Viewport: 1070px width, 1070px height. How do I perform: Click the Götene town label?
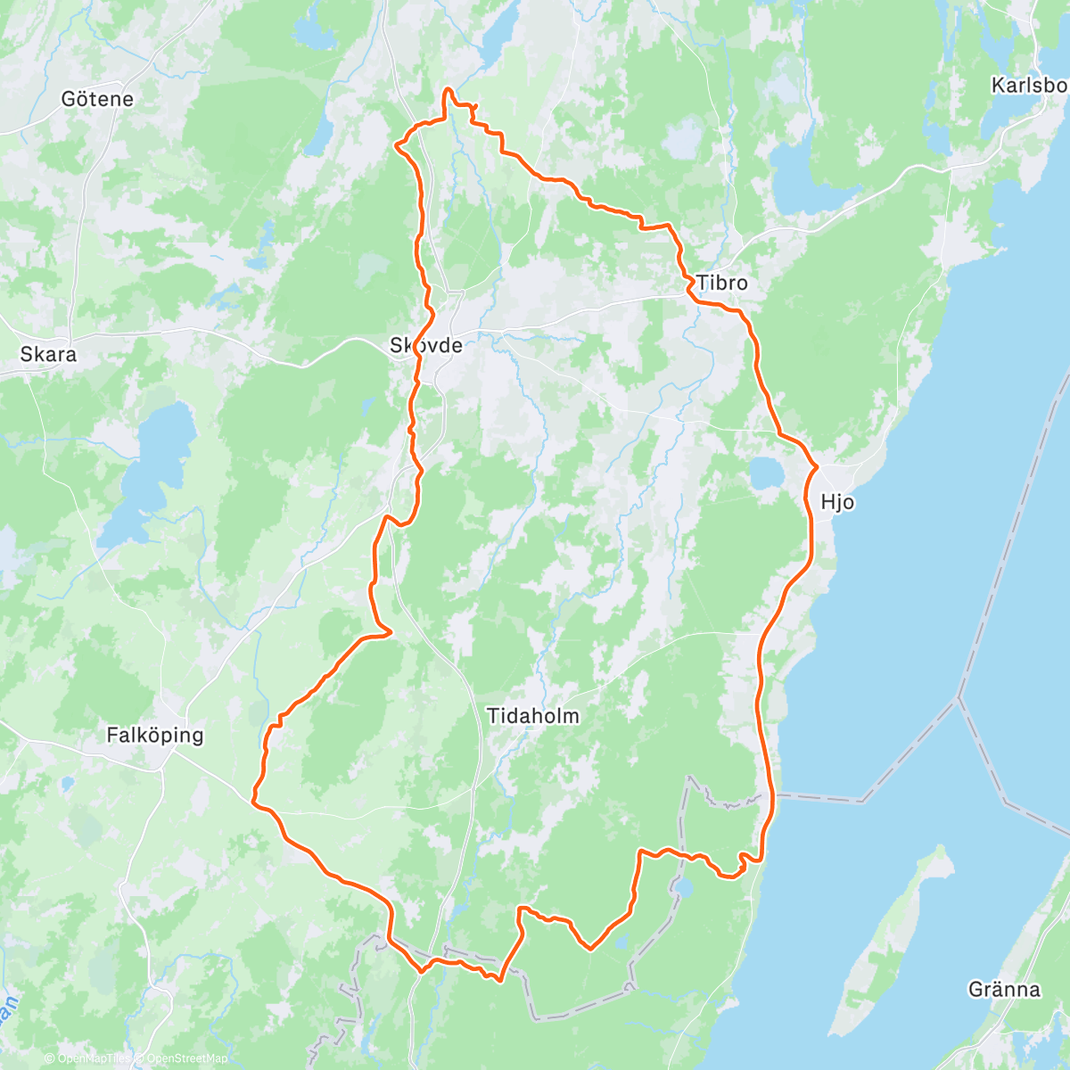pos(97,99)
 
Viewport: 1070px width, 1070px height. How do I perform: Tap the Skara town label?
pos(48,354)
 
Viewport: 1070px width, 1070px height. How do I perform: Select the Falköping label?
pos(154,736)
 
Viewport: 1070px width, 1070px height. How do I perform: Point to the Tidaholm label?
pos(533,716)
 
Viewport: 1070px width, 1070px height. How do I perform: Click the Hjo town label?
pos(837,502)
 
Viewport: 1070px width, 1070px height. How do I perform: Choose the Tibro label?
pos(721,283)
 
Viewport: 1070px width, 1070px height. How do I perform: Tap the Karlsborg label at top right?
pos(1029,86)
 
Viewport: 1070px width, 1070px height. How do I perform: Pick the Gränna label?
pos(1004,989)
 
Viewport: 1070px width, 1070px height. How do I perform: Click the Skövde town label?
pos(426,345)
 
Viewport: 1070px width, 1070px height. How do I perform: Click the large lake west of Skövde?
pos(152,473)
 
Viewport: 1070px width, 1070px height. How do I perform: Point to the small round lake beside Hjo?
pos(765,473)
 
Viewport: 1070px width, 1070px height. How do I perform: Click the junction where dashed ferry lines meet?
pos(959,696)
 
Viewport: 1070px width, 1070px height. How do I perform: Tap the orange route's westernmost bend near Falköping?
pos(254,800)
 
